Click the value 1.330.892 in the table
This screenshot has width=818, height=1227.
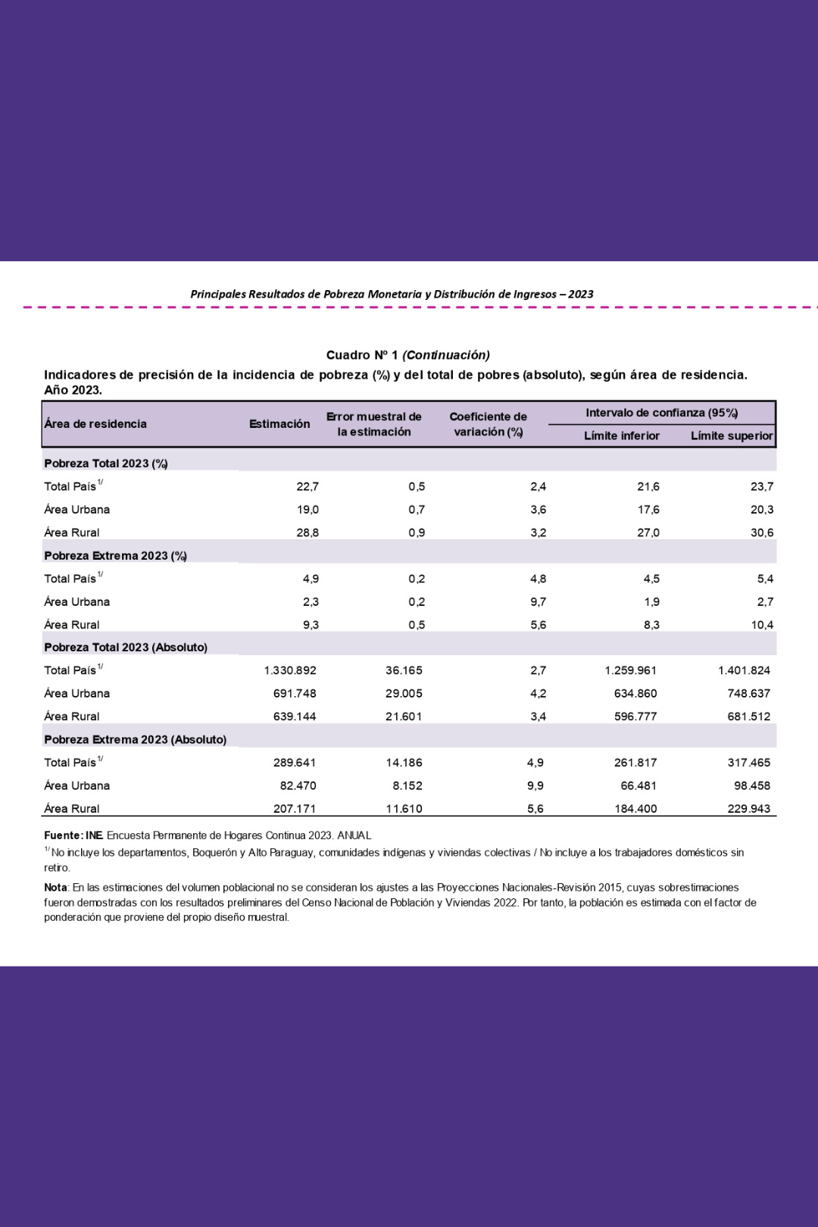290,670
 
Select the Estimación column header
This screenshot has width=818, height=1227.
279,424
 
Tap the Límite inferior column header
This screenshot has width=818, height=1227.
621,436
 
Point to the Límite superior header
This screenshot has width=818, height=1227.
731,436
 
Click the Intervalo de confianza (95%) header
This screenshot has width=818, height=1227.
661,413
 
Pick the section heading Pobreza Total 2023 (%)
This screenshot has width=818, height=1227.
106,464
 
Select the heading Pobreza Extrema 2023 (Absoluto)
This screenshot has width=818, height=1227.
135,739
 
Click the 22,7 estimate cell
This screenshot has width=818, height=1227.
308,486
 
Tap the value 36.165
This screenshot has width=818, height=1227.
404,670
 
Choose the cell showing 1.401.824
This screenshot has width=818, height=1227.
744,670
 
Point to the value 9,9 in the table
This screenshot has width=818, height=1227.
535,785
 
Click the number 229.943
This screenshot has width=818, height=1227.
748,808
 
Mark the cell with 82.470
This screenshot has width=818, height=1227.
298,785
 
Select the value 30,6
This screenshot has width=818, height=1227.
762,532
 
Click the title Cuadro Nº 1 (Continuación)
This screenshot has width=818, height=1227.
407,354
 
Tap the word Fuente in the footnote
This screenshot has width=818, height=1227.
62,835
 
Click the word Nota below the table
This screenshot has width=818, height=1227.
55,887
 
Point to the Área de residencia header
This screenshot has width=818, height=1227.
95,424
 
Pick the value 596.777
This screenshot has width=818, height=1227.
635,717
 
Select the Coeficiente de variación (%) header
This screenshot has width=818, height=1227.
488,424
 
